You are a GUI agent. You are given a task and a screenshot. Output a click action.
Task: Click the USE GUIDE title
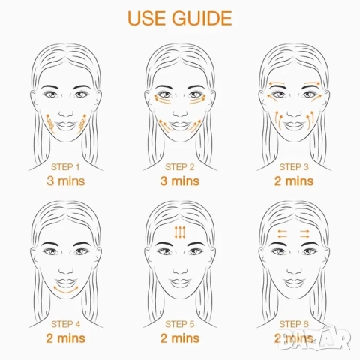pos(180,18)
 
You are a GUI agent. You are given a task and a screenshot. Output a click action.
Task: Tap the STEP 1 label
pos(65,167)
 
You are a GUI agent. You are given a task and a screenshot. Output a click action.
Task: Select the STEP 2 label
pos(180,167)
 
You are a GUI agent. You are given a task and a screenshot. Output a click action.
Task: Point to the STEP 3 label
pos(294,167)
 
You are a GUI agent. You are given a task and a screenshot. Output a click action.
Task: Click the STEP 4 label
pos(66,324)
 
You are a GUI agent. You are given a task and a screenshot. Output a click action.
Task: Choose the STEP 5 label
pos(180,324)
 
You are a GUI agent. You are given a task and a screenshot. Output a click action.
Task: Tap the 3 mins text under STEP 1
pos(66,181)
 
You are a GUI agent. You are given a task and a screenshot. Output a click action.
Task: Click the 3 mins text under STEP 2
pos(180,181)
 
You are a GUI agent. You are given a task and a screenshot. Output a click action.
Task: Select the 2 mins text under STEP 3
pos(294,181)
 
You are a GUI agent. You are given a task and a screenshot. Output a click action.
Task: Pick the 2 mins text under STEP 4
pos(66,338)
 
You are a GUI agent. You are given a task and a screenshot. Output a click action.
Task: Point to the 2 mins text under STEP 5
pos(180,338)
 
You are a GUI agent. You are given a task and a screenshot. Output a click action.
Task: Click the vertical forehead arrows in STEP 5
pos(180,232)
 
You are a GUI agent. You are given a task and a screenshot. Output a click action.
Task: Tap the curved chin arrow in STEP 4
pos(66,291)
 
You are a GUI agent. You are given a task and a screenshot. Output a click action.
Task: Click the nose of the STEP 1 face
pos(66,113)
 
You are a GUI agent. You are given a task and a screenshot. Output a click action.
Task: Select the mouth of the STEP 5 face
pos(180,283)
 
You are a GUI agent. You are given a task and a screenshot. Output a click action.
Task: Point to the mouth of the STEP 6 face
pos(294,283)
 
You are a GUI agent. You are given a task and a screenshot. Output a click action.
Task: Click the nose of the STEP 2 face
pos(180,113)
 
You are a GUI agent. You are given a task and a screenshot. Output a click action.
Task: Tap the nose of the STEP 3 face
pos(294,113)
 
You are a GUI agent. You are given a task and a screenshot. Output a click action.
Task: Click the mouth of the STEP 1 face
pos(66,126)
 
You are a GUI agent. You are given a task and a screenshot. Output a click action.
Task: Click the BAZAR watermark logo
pos(315,338)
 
